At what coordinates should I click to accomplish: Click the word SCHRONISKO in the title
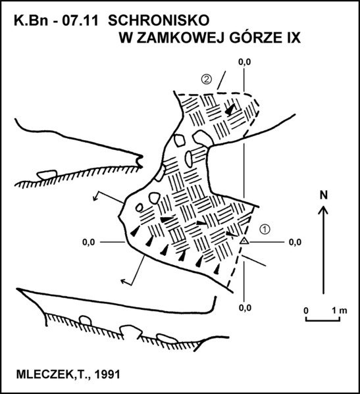pyautogui.click(x=159, y=20)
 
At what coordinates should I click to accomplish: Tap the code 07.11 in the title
pyautogui.click(x=80, y=20)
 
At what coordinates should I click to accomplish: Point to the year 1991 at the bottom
pyautogui.click(x=107, y=374)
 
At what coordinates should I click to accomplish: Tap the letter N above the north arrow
pyautogui.click(x=324, y=195)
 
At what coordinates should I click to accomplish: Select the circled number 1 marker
pyautogui.click(x=265, y=229)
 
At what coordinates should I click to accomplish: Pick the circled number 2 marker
pyautogui.click(x=207, y=80)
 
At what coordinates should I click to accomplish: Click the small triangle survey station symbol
pyautogui.click(x=244, y=241)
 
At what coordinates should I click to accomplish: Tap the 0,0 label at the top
pyautogui.click(x=245, y=62)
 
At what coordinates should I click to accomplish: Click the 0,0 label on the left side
pyautogui.click(x=89, y=242)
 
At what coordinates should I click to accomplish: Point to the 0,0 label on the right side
pyautogui.click(x=295, y=242)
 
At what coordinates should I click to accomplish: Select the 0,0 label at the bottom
pyautogui.click(x=245, y=308)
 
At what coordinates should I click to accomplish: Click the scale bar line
pyautogui.click(x=322, y=320)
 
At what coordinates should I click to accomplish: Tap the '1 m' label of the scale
pyautogui.click(x=340, y=310)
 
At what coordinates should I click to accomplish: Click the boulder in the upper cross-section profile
pyautogui.click(x=47, y=174)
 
